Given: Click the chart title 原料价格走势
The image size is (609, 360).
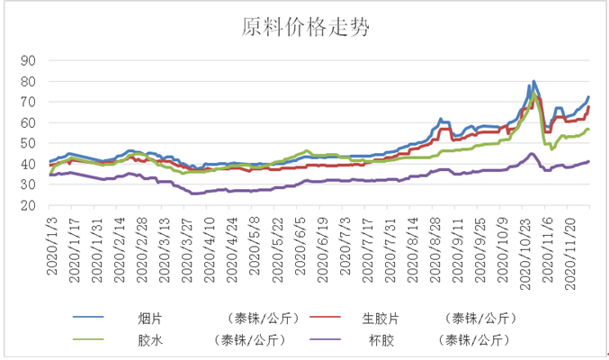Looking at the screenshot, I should click(x=304, y=27).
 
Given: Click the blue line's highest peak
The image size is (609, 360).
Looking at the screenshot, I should click(x=534, y=81).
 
